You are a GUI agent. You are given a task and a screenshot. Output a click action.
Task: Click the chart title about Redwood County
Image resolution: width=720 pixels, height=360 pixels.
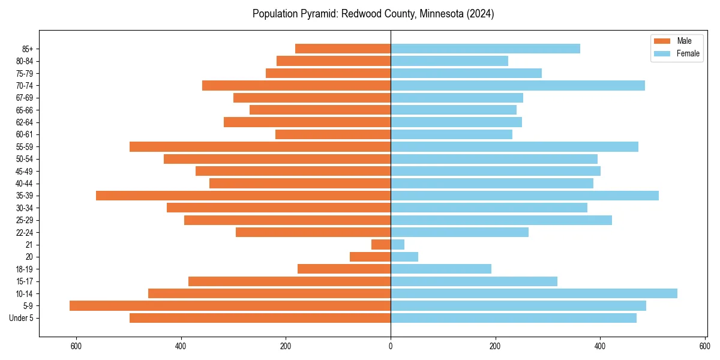point(373,14)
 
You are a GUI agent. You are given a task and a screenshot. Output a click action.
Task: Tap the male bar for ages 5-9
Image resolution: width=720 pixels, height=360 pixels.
point(230,306)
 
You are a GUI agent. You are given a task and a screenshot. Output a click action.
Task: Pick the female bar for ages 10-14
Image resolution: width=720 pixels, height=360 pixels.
point(534,293)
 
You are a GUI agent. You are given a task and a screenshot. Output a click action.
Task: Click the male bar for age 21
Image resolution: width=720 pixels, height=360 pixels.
point(381,245)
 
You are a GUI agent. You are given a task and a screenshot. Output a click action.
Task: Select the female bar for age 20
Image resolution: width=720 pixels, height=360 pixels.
point(404,257)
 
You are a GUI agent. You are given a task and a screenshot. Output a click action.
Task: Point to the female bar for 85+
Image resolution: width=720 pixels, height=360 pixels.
point(485,49)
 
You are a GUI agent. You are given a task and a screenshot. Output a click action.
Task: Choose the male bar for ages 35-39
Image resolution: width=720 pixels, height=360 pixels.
point(243,196)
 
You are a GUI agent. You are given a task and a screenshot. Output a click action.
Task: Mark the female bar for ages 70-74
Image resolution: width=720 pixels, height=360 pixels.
point(518,86)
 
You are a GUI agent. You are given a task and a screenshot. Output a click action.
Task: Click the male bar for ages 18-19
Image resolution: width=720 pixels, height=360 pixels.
point(344,269)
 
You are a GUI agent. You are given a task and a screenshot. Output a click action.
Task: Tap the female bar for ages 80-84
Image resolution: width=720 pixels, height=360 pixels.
point(449,61)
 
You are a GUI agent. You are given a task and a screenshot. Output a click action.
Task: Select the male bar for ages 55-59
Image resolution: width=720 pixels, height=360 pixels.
point(260,147)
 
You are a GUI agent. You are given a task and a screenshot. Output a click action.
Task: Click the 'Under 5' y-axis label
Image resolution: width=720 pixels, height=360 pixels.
point(21,318)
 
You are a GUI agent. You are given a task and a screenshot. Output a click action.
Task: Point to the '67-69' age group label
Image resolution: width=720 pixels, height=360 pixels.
point(24,98)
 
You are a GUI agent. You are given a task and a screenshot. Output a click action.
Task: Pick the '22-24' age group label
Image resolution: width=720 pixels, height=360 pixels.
point(24,233)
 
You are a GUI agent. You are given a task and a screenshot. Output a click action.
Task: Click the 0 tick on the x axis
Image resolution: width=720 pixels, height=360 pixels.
point(391,346)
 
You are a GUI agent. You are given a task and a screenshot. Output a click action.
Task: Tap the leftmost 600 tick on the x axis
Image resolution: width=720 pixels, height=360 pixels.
point(76,346)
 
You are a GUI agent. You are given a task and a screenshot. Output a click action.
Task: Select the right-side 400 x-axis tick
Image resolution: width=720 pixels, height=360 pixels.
point(600,346)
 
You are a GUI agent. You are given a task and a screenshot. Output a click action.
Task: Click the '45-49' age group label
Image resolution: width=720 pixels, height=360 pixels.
point(24,172)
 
